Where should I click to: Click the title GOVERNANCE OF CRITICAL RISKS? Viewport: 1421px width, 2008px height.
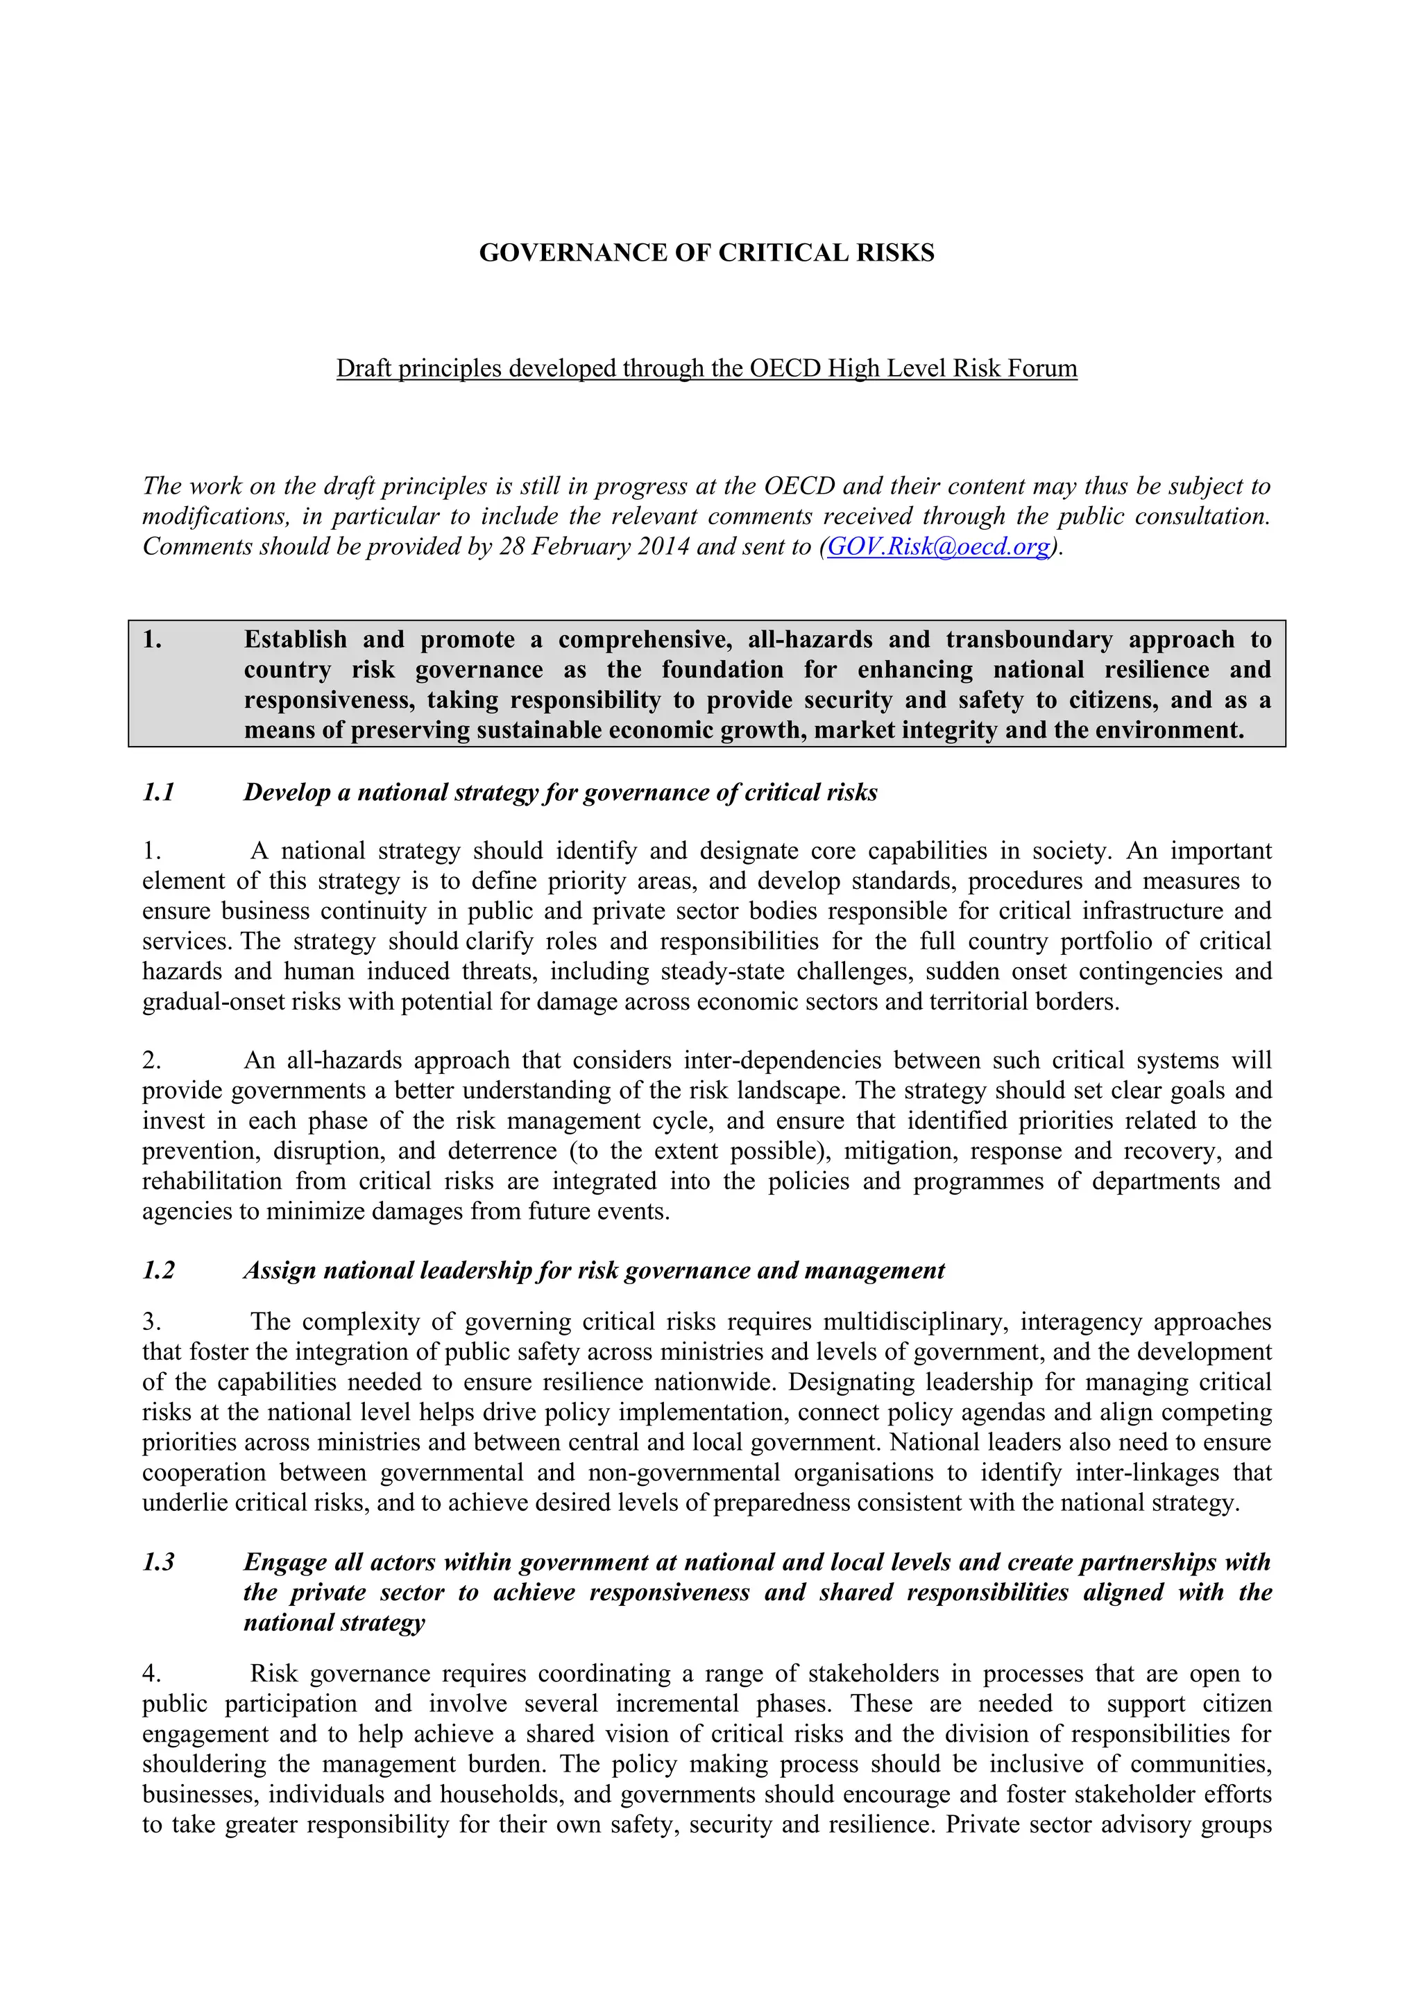click(706, 253)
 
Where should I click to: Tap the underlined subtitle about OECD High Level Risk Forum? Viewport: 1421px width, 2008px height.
click(706, 368)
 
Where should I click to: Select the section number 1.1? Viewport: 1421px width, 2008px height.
click(158, 793)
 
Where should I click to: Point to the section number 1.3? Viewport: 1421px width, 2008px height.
click(158, 1562)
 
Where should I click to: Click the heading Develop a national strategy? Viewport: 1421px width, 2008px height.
click(560, 793)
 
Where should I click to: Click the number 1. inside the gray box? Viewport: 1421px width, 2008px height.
click(152, 639)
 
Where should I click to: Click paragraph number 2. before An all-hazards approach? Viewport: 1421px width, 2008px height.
click(151, 1060)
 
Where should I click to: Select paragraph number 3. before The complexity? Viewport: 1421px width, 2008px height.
click(151, 1322)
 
